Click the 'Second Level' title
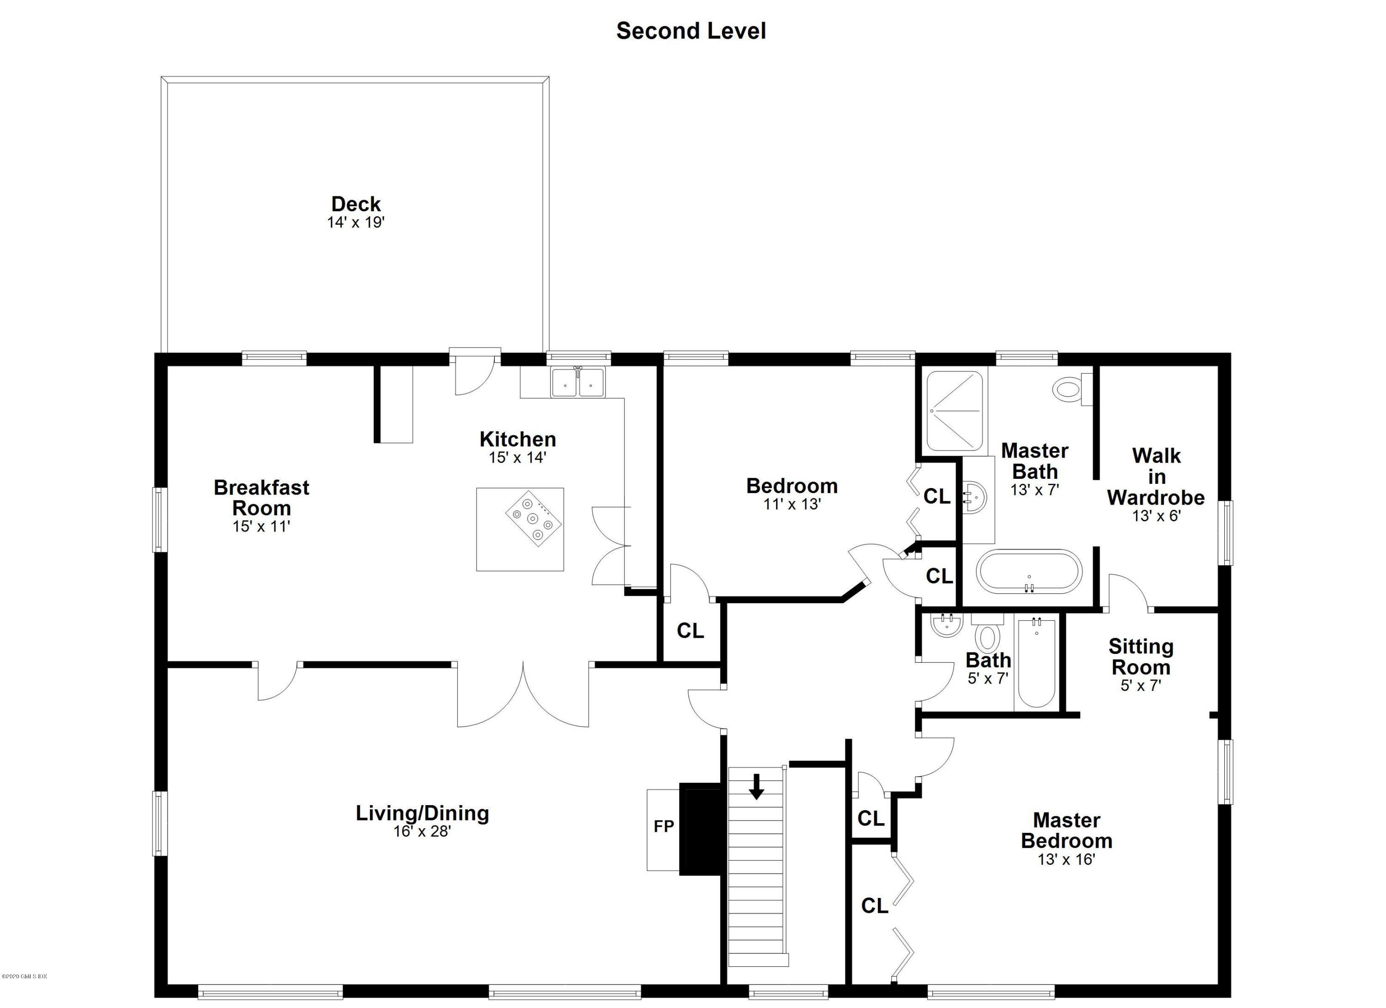point(691,31)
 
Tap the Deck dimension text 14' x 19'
point(356,222)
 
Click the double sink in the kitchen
point(577,383)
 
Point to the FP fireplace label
point(664,826)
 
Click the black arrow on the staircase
point(757,786)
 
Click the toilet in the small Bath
point(987,633)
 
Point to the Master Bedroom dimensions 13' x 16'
point(1066,860)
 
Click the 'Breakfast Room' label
point(261,498)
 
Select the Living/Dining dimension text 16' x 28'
point(422,831)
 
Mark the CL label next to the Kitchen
point(691,631)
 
